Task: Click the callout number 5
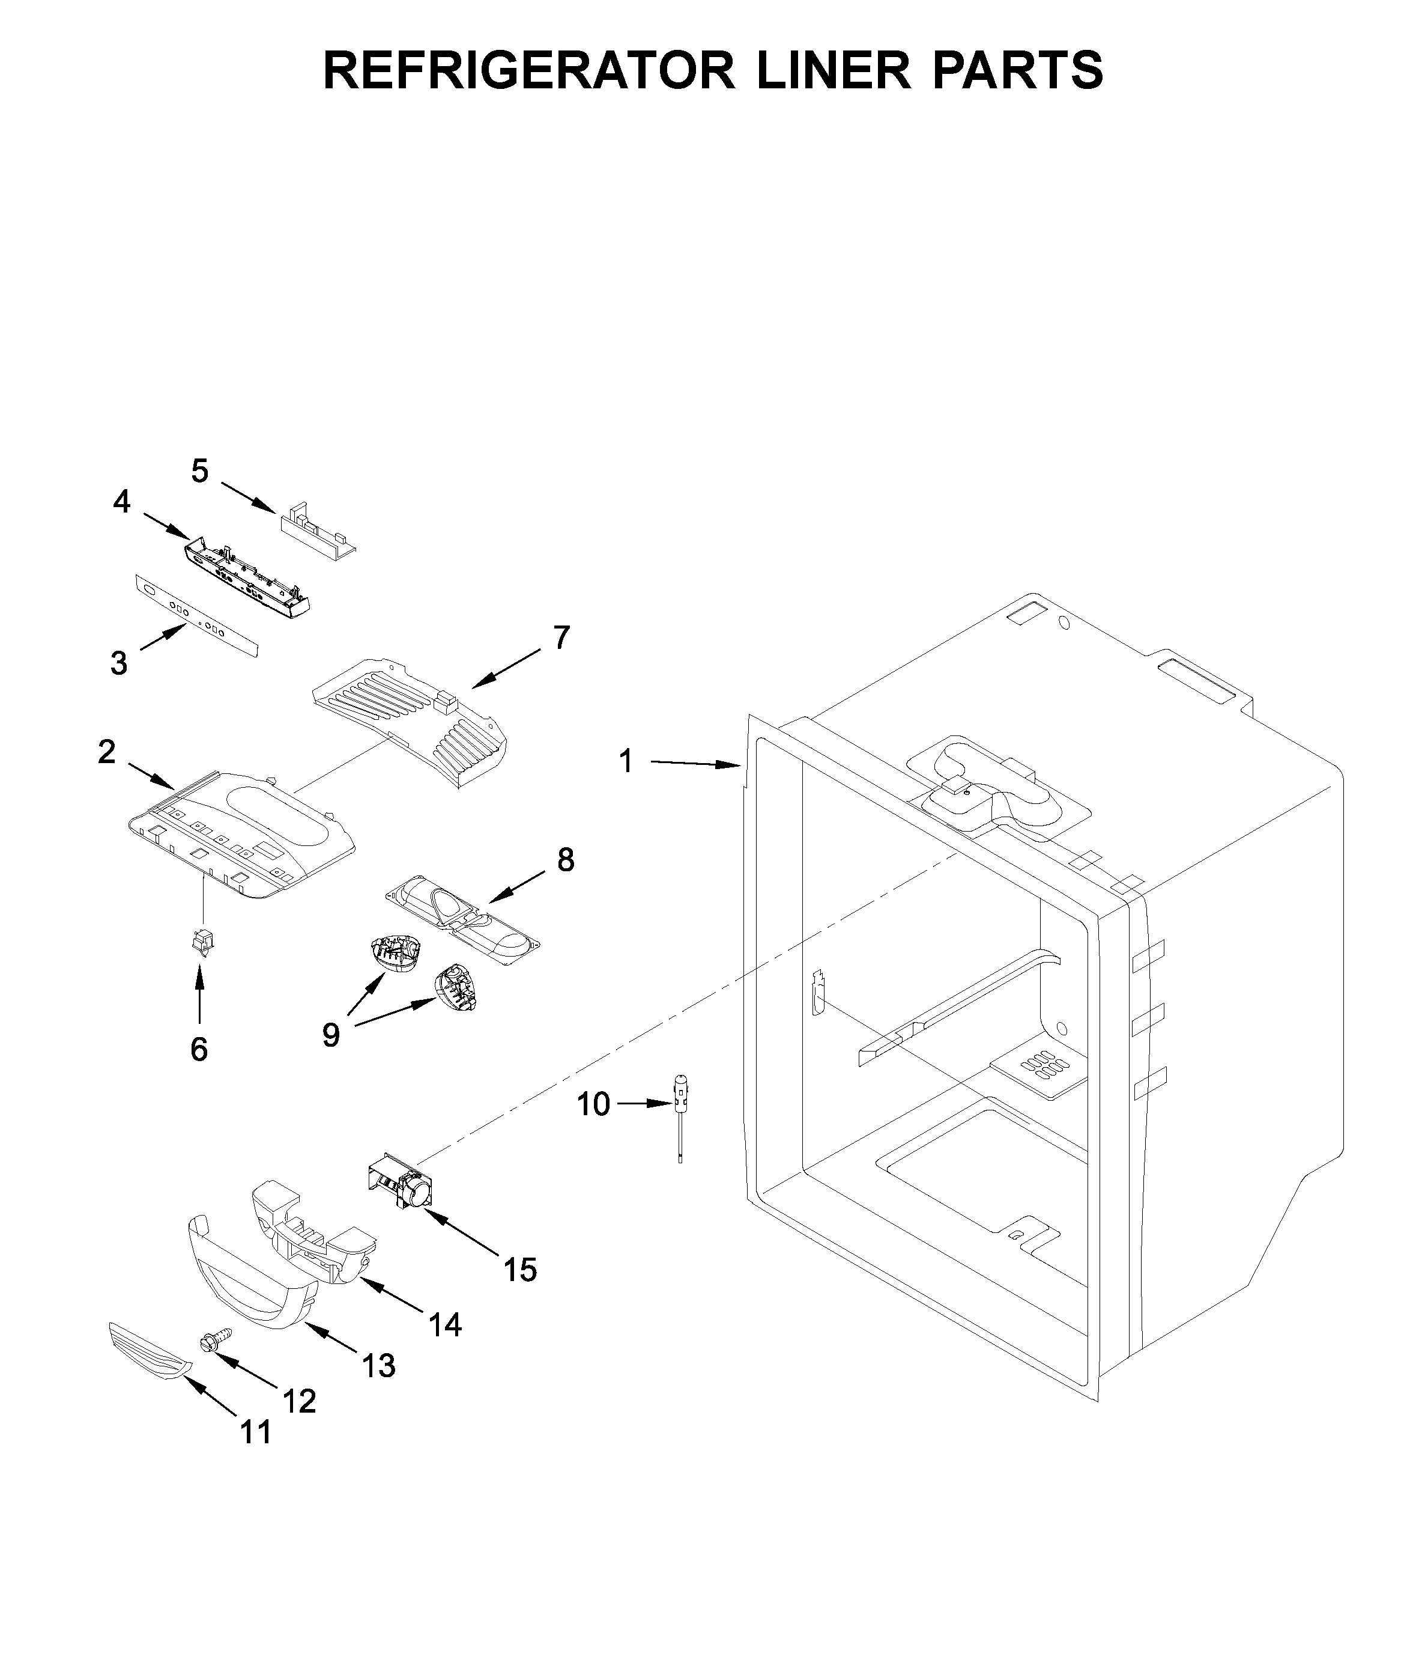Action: click(199, 472)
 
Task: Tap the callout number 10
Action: click(593, 1105)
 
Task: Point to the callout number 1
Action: click(626, 762)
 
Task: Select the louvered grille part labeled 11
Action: click(150, 1350)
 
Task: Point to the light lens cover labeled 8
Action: click(462, 920)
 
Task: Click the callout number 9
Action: click(331, 1036)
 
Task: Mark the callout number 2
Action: click(107, 752)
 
